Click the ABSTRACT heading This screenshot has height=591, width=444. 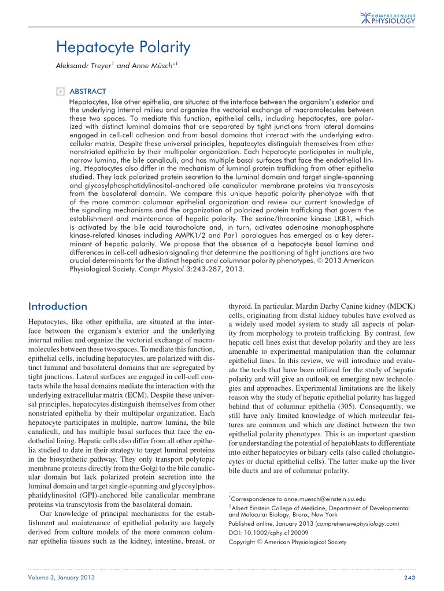(x=88, y=91)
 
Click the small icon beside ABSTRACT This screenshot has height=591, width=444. (x=60, y=91)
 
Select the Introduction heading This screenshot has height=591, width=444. (x=58, y=306)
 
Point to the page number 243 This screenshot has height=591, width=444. (x=408, y=577)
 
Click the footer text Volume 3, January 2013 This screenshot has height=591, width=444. (x=62, y=577)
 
